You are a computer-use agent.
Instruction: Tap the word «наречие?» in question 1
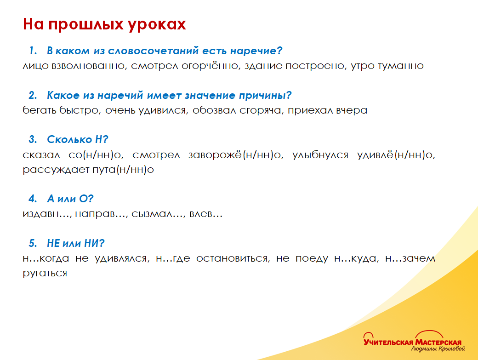(256, 51)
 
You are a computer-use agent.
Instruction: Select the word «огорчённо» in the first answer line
(210, 66)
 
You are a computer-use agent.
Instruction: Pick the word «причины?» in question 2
(265, 96)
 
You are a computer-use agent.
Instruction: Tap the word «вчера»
(352, 111)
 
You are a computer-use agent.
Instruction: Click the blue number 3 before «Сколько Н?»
(32, 140)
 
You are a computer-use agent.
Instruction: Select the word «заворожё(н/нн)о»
(236, 155)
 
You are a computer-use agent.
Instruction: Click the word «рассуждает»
(56, 170)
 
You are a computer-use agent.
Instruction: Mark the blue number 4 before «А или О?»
(32, 199)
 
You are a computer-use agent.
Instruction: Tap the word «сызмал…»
(158, 214)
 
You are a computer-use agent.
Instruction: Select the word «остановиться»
(233, 259)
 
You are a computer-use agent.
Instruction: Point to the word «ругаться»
(45, 274)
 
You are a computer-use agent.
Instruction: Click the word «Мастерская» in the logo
(438, 342)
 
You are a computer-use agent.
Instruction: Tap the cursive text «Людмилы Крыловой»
(438, 349)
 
